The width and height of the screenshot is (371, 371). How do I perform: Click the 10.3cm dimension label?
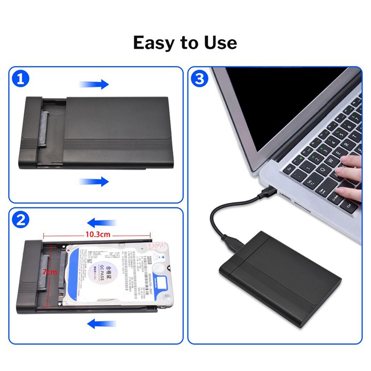[x=98, y=235]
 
